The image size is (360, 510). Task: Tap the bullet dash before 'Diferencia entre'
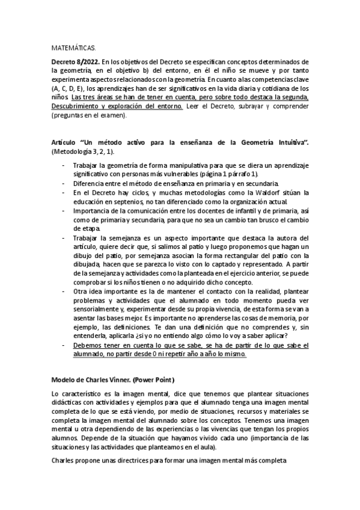tap(64, 182)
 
